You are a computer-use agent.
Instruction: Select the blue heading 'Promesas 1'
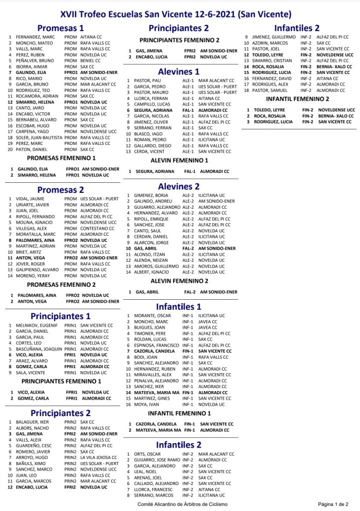[x=60, y=28]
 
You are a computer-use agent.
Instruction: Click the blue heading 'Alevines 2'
[x=179, y=186]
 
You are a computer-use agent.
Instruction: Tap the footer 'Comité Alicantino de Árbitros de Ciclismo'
[x=182, y=505]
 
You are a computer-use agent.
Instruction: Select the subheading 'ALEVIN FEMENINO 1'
[x=179, y=160]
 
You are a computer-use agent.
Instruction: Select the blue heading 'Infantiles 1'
[x=179, y=306]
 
